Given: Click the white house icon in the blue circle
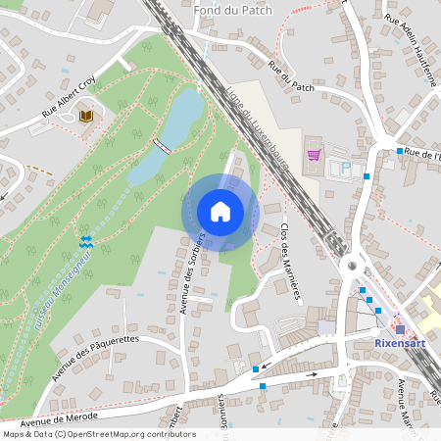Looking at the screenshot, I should [x=220, y=212].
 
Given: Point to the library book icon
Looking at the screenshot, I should [x=86, y=117].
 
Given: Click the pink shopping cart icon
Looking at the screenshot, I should [x=313, y=154].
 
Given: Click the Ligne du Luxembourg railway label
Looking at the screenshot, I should [x=263, y=135].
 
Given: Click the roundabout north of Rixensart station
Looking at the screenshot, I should [x=351, y=266].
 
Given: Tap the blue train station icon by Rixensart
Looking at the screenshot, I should [x=399, y=328].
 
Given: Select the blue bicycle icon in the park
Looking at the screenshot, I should [x=86, y=240].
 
